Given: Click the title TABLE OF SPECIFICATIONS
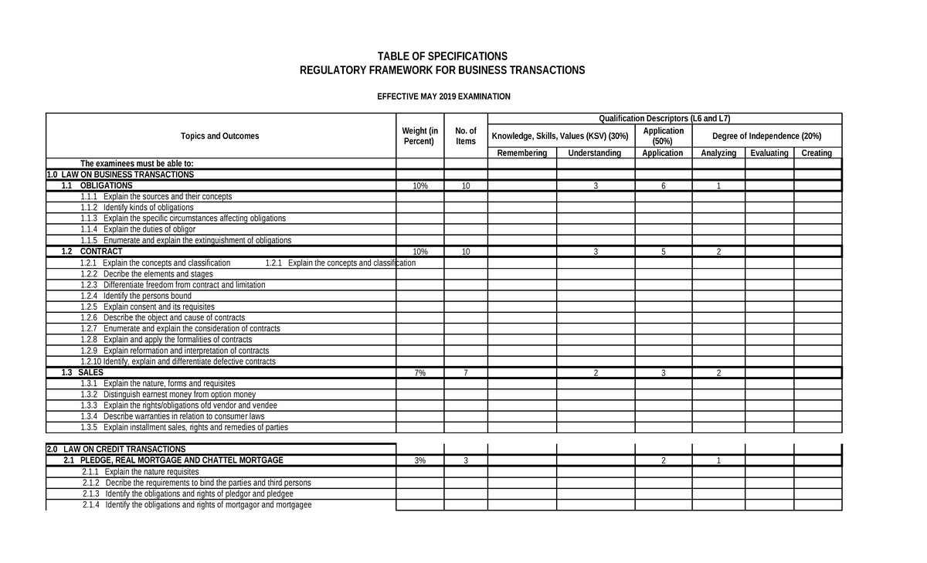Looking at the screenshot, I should tap(442, 56).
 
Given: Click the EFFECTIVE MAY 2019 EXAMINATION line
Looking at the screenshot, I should tap(443, 97).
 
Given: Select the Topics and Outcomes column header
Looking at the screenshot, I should tap(220, 136).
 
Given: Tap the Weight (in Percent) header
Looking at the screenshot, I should tap(420, 136).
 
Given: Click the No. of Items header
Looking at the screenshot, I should tap(466, 136).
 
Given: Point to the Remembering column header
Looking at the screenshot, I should tap(521, 153).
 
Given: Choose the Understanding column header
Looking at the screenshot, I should tap(594, 153).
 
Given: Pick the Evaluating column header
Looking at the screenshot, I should tap(769, 153).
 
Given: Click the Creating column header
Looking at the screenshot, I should tap(817, 153).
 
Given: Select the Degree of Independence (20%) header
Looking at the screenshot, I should tap(766, 136).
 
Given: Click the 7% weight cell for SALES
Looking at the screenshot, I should tap(420, 373).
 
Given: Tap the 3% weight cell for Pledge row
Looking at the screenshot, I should tap(420, 461).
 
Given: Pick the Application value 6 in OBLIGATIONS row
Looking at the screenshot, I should tap(663, 186).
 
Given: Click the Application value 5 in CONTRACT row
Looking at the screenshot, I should tap(663, 253).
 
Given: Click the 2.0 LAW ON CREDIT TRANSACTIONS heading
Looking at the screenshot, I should tap(116, 449).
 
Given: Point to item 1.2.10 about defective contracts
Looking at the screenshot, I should tap(178, 361).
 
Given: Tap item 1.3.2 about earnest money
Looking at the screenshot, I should tap(168, 395).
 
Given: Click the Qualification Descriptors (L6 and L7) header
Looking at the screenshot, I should tap(664, 118).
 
